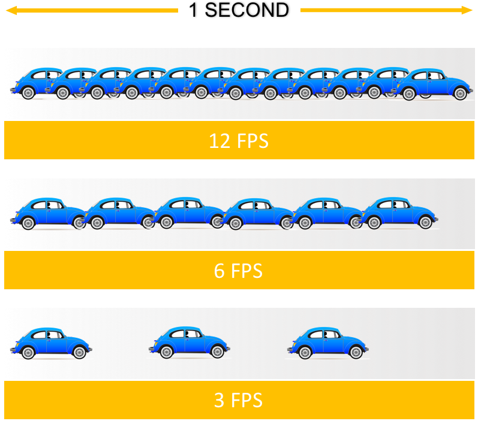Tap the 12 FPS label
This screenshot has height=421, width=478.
pos(239,141)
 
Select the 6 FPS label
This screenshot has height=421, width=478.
pos(239,271)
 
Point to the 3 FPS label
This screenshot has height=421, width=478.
pos(239,400)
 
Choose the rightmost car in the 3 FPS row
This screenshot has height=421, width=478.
pos(329,343)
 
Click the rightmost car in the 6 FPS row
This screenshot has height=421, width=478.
pos(399,213)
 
